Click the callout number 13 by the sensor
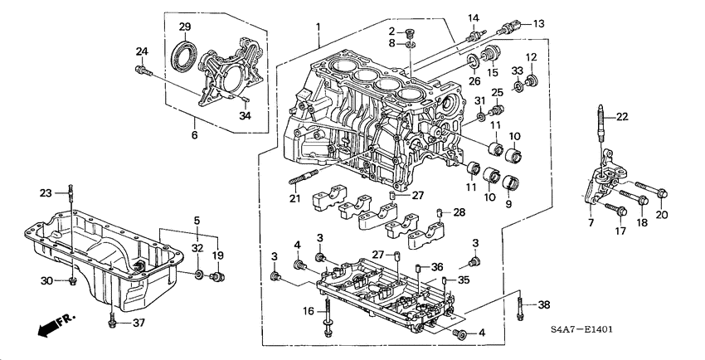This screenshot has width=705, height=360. tap(538, 23)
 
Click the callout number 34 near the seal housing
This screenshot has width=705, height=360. tap(245, 117)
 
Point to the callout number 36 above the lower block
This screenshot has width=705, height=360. tap(437, 266)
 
